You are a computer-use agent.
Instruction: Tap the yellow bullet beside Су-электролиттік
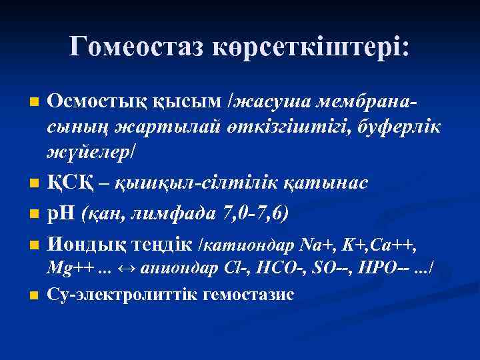click(x=35, y=295)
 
